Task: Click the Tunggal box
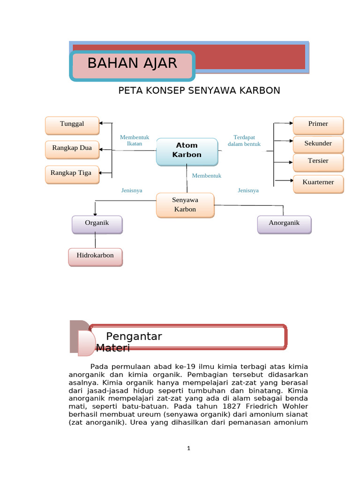tap(72, 125)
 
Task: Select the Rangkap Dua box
tap(72, 149)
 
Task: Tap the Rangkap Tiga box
tap(72, 173)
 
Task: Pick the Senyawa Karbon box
tap(185, 205)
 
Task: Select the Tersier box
tap(318, 161)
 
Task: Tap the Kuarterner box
tap(318, 183)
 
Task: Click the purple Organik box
tap(97, 224)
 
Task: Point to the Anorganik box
tap(284, 224)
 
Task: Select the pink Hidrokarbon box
tap(95, 256)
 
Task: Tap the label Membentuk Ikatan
tap(135, 141)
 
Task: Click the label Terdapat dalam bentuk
tap(244, 141)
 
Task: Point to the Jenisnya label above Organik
tap(132, 191)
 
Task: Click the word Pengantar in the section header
tap(134, 336)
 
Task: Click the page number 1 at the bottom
tap(188, 448)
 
